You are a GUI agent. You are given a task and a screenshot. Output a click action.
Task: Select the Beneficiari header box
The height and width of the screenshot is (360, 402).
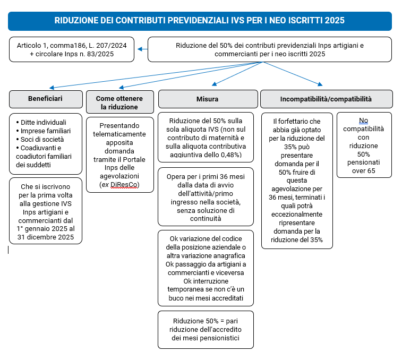(45, 99)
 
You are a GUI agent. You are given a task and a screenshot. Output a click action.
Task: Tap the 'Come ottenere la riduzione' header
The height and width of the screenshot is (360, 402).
(120, 102)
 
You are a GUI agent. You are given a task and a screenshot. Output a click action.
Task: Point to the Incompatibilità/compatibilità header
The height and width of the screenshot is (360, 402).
(326, 99)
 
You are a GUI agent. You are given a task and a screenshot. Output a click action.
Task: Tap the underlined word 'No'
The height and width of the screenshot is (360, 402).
(363, 120)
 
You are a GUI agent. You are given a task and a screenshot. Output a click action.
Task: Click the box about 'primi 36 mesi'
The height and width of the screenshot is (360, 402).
(206, 196)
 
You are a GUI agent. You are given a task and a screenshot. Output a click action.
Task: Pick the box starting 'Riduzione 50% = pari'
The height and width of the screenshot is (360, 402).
(206, 329)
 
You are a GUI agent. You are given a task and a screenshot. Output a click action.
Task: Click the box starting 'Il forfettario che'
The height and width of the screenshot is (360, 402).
(297, 181)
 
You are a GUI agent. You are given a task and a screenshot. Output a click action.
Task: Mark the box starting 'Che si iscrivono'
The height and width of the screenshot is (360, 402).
(45, 210)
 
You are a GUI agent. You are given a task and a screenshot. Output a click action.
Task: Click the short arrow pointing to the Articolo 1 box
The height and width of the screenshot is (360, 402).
(142, 49)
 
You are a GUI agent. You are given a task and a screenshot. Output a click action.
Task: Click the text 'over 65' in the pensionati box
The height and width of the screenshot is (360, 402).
(364, 171)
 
